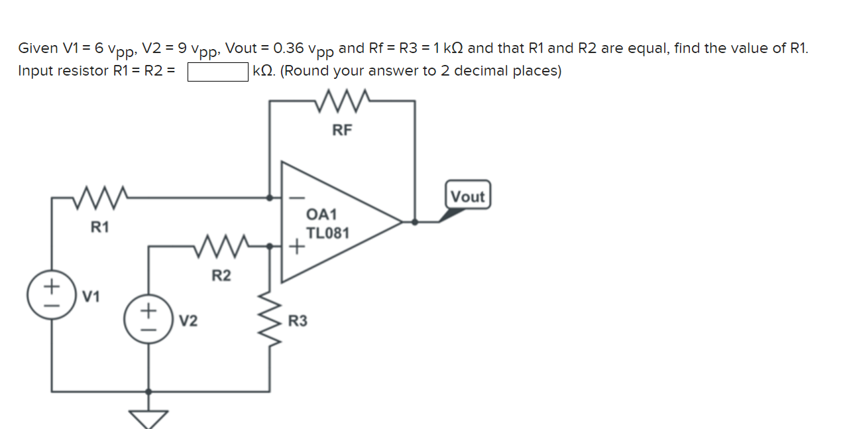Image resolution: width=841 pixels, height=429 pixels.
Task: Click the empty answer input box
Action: coord(218,71)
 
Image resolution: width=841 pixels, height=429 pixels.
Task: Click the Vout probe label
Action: coord(468,196)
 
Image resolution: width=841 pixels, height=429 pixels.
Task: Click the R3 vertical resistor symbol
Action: coord(270,321)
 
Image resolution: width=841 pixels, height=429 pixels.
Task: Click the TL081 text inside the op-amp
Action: coord(327,233)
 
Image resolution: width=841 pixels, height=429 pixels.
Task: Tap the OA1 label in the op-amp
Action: coord(322,214)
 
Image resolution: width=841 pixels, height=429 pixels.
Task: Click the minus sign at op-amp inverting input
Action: coord(297,197)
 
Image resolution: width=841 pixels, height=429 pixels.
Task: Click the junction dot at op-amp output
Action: coord(415,222)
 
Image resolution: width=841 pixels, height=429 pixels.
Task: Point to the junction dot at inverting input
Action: coord(269,197)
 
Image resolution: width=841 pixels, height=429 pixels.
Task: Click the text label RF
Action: coord(342,131)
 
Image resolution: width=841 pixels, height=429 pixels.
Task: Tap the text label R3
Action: coord(298,322)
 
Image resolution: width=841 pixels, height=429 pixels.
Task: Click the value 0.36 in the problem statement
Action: coord(289,48)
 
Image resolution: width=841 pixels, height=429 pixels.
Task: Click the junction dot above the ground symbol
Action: coord(148,391)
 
